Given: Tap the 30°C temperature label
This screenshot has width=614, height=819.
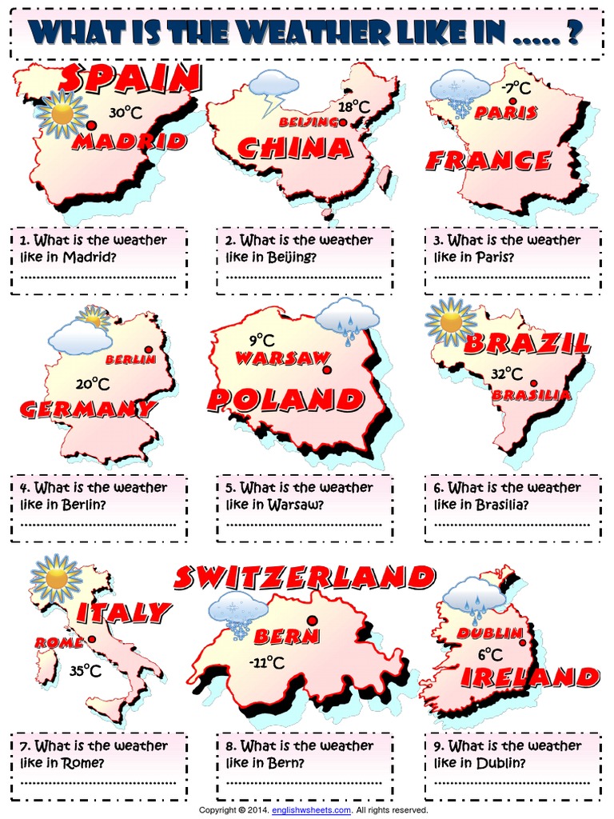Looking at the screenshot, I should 126,114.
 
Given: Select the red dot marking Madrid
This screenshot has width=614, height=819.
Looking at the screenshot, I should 93,126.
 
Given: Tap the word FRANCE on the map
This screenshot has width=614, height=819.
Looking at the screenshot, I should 488,161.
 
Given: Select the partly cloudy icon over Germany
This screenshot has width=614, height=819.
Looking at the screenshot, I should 82,333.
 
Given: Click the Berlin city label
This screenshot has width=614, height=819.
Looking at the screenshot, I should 130,360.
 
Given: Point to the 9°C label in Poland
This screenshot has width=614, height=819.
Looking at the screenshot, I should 261,340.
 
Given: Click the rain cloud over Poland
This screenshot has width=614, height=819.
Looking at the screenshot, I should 347,321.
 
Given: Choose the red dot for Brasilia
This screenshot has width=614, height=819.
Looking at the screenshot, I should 533,383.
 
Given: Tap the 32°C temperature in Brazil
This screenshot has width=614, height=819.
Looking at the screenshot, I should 507,374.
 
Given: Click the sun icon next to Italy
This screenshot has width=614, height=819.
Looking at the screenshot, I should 56,578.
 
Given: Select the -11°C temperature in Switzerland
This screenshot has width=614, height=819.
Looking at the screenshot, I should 266,662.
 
